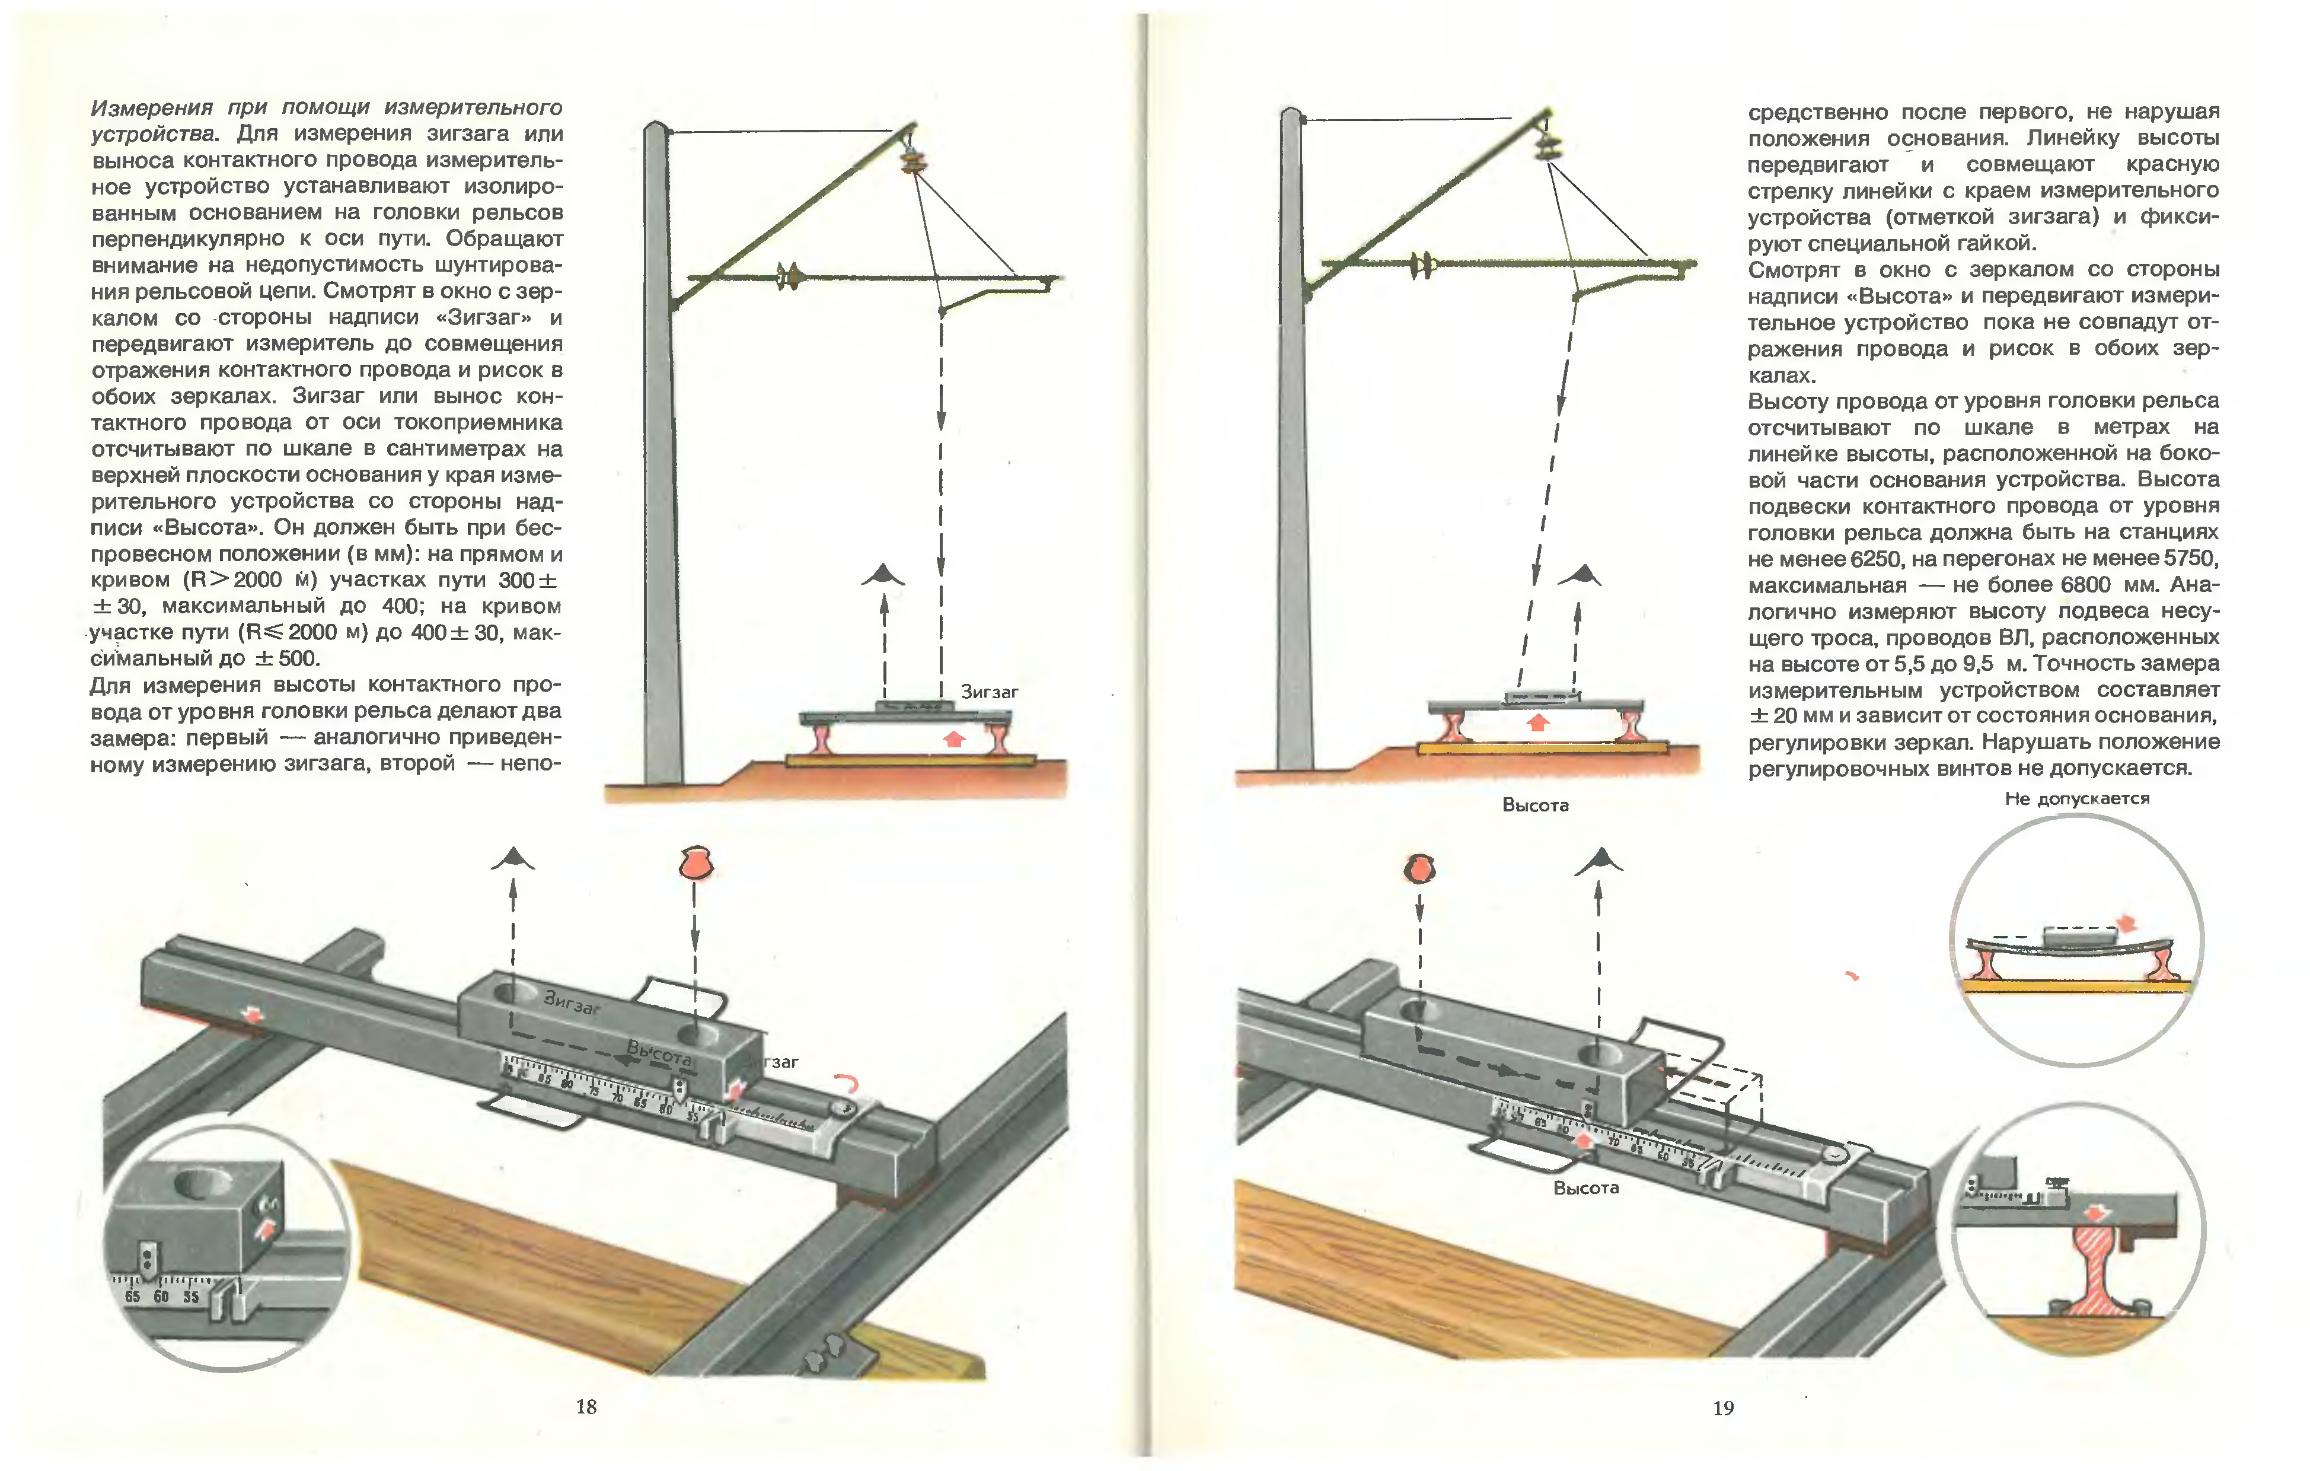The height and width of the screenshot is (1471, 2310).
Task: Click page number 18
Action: pyautogui.click(x=586, y=1407)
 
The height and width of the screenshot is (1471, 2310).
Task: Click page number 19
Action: pyautogui.click(x=1723, y=1408)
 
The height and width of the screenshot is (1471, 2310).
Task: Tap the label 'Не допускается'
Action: pyautogui.click(x=2077, y=798)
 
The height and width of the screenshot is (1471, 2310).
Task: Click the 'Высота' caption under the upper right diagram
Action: pyautogui.click(x=1535, y=805)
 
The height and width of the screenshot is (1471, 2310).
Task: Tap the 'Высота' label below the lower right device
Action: pyautogui.click(x=1585, y=1188)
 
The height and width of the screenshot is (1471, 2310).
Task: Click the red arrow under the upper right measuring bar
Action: pyautogui.click(x=1538, y=722)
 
